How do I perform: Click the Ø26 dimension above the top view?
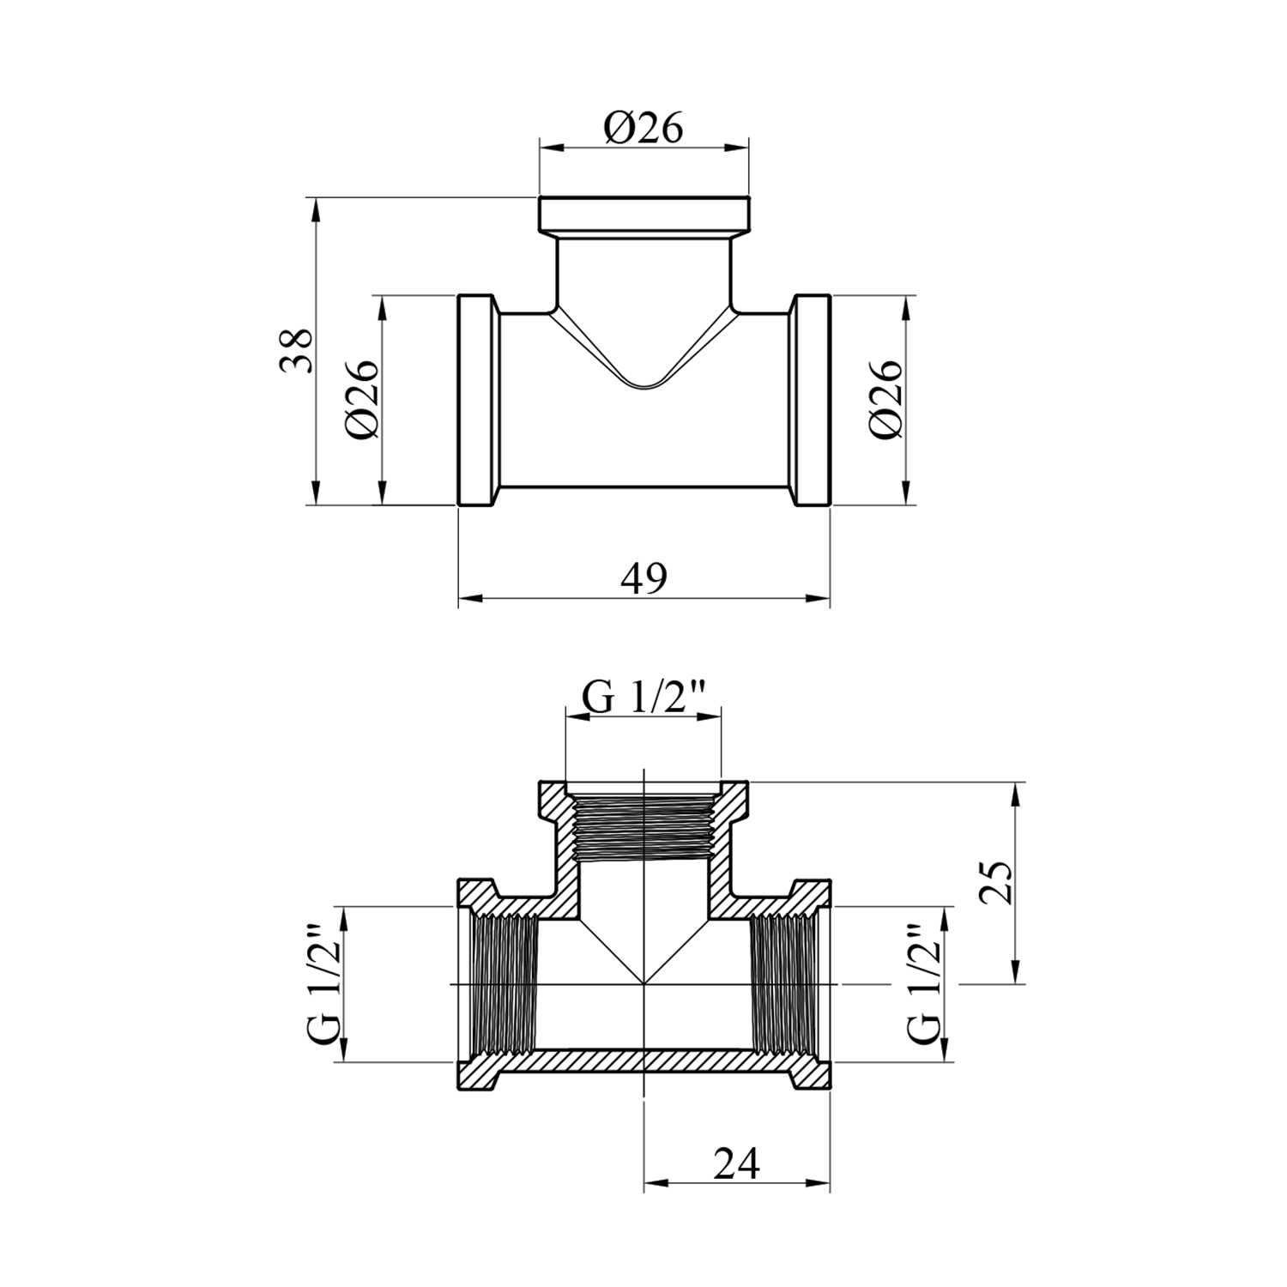pos(643,129)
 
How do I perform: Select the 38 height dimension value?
pos(295,350)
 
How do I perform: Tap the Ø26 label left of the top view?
pos(361,399)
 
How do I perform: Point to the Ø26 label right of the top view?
pos(885,399)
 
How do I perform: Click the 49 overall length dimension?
pos(643,578)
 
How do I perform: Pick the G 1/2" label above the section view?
pos(643,698)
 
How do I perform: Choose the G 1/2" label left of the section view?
pos(325,983)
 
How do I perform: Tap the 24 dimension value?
pos(736,1163)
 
